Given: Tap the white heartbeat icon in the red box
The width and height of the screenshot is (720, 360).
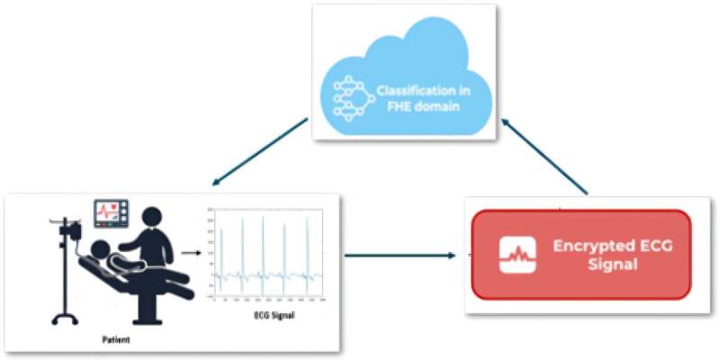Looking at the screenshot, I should [x=517, y=255].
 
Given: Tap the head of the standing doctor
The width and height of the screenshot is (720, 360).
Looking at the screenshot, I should [x=154, y=218].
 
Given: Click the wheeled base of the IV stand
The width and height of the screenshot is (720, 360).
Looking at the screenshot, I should [x=64, y=318].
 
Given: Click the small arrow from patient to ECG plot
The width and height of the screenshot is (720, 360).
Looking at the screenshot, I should [x=190, y=253].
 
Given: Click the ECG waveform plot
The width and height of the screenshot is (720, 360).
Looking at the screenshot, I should [x=266, y=252].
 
